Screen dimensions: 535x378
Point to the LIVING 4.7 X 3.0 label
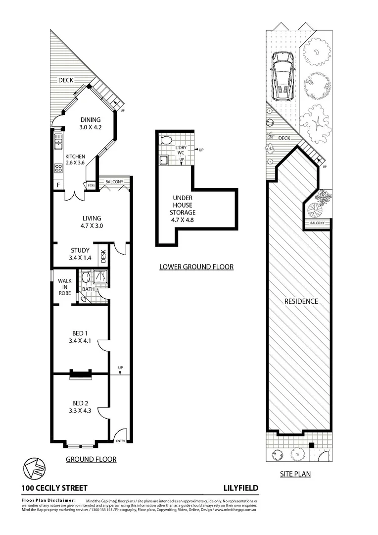[x=92, y=222]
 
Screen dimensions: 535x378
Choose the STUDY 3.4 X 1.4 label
[x=80, y=254]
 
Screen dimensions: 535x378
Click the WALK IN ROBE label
[x=64, y=286]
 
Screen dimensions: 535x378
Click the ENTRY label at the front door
[x=120, y=441]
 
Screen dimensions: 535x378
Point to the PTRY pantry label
[x=91, y=186]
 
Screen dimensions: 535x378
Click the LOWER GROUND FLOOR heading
[x=196, y=267]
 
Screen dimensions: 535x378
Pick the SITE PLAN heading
[x=295, y=474]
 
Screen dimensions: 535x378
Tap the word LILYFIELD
[x=241, y=488]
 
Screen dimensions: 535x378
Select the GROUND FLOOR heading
[x=91, y=459]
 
